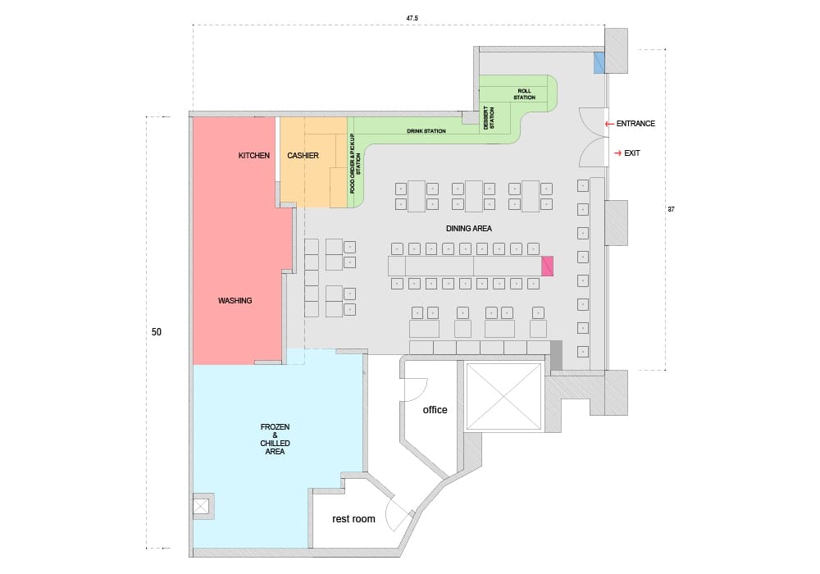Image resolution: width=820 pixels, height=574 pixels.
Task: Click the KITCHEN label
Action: pyautogui.click(x=254, y=156)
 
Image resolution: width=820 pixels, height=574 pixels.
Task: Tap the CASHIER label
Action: pyautogui.click(x=303, y=156)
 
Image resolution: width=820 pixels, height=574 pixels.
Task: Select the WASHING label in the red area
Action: pyautogui.click(x=235, y=301)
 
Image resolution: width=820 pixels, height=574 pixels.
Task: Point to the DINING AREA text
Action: pyautogui.click(x=469, y=229)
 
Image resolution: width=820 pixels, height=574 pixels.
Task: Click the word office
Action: pyautogui.click(x=435, y=410)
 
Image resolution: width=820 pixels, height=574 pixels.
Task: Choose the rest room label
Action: pyautogui.click(x=353, y=519)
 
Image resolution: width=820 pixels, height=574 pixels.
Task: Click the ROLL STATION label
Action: pyautogui.click(x=525, y=94)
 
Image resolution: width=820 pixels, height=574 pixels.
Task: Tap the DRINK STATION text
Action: pyautogui.click(x=426, y=131)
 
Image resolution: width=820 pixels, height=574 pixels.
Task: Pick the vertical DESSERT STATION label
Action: pyautogui.click(x=489, y=118)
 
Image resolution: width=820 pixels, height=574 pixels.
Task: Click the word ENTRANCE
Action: pyautogui.click(x=635, y=124)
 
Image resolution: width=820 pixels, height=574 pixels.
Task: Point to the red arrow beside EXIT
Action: pyautogui.click(x=617, y=153)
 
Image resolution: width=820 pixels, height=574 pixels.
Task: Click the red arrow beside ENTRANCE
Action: pyautogui.click(x=608, y=124)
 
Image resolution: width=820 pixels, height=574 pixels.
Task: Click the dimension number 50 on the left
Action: pyautogui.click(x=157, y=333)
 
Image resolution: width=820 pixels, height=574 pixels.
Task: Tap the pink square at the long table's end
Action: pyautogui.click(x=548, y=266)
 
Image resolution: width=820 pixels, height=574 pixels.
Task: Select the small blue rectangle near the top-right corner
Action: pyautogui.click(x=599, y=62)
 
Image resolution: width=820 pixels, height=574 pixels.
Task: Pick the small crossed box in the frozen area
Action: pyautogui.click(x=201, y=507)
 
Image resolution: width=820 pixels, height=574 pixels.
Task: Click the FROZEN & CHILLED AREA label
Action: pyautogui.click(x=275, y=440)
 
